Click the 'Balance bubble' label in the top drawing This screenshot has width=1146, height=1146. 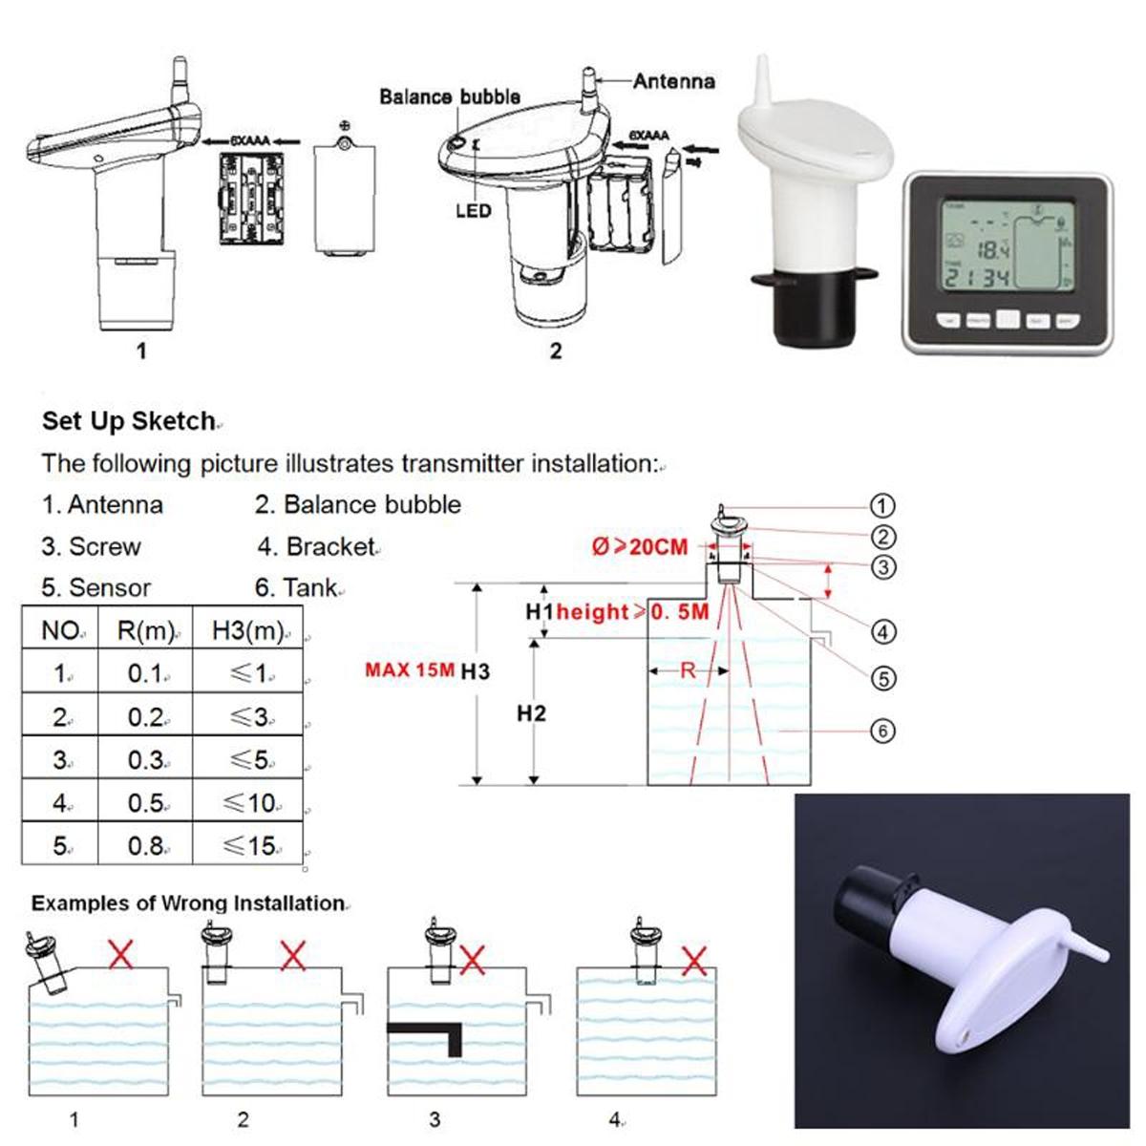point(449,96)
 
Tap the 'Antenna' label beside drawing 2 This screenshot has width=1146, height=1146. point(673,82)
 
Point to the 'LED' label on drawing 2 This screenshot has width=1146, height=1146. point(473,210)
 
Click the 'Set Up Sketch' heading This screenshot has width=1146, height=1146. point(129,421)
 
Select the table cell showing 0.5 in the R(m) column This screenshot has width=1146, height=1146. point(145,803)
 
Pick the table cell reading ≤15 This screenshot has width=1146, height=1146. point(249,845)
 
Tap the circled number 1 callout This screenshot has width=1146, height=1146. point(882,506)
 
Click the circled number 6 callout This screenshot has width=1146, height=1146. point(882,732)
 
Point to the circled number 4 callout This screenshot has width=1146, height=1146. point(882,631)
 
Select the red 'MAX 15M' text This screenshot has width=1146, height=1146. point(410,669)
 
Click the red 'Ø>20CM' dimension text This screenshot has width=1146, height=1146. point(639,547)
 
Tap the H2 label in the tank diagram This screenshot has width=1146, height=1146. point(531,713)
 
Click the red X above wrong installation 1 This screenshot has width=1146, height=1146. point(120,953)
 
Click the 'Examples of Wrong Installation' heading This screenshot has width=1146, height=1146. point(187,902)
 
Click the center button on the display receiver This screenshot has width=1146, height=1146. point(1008,320)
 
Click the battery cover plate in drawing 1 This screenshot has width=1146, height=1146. point(343,198)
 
